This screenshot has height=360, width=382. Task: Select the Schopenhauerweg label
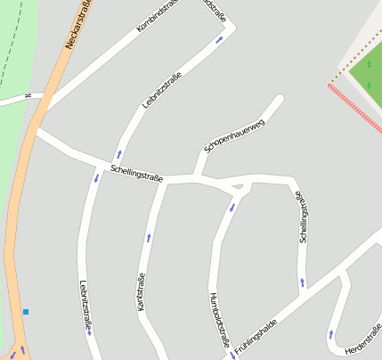point(234,136)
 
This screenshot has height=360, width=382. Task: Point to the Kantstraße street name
point(141,291)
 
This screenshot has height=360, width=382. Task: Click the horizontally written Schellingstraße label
point(137,173)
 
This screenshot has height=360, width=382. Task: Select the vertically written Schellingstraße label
point(305,217)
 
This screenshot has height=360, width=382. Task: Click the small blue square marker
point(26,312)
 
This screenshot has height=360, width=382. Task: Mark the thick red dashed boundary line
point(354,108)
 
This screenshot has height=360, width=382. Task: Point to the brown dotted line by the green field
point(347,65)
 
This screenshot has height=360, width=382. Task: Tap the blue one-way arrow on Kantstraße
point(148,238)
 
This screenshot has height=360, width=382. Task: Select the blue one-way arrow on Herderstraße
point(331,334)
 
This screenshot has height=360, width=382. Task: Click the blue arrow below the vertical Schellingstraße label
point(303,283)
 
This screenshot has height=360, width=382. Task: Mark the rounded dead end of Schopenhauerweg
point(279,99)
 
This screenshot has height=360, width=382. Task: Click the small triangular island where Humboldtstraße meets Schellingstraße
point(237,187)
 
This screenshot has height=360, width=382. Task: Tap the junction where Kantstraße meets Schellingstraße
point(165,181)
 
